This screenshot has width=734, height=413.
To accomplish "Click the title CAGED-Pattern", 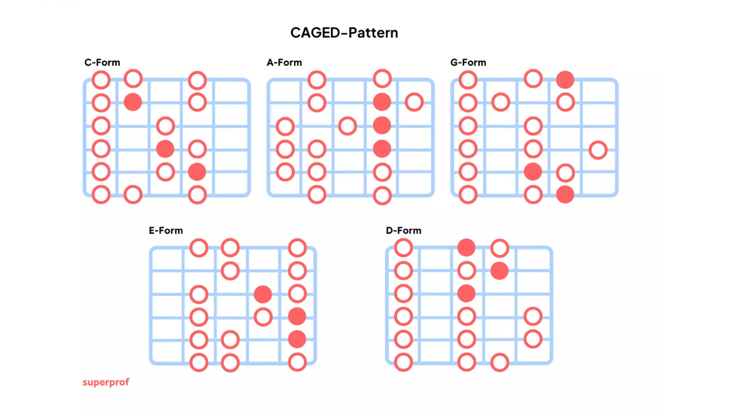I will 344,33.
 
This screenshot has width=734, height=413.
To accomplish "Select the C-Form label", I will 102,63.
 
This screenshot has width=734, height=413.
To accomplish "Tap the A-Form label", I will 284,63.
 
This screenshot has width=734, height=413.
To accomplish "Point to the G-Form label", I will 468,63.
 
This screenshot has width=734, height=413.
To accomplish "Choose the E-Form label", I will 166,231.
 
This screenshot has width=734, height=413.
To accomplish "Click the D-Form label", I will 403,231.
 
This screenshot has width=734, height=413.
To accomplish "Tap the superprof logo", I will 106,382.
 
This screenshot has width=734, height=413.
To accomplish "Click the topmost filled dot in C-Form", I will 133,102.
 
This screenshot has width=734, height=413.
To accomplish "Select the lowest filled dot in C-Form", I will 197,172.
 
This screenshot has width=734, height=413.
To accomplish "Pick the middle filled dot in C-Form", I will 165,149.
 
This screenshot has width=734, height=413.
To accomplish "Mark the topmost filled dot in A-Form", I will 382,102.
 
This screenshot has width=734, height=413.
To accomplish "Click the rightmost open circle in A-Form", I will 414,102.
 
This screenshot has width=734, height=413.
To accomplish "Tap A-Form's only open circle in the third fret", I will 348,126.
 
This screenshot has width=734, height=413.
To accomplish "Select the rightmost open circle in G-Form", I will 598,150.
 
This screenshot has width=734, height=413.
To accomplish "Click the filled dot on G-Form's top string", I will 565,80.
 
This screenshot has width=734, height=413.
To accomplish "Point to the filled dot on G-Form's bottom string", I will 565,194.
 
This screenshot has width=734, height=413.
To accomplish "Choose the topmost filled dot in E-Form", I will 263,294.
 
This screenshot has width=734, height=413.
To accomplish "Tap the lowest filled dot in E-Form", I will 297,339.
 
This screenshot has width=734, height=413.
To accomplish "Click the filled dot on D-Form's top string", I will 466,248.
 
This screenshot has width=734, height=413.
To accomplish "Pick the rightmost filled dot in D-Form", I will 499,271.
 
